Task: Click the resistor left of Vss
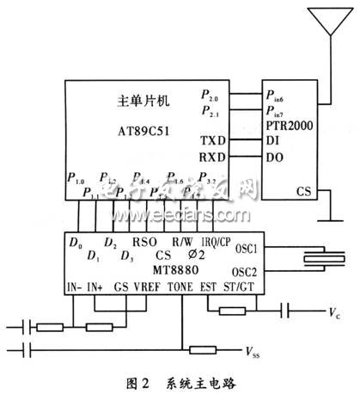point(202,349)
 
